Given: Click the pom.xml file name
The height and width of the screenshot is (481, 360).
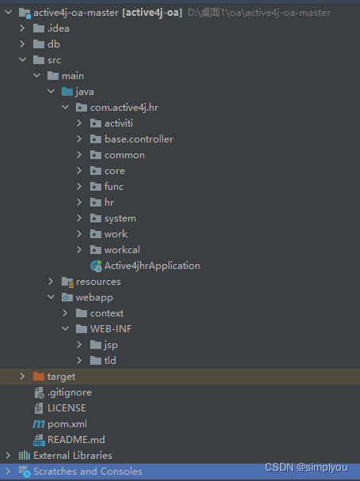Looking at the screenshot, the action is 67,424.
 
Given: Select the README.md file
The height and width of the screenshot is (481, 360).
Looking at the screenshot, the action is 76,440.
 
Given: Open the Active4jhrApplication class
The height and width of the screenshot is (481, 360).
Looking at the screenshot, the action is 152,266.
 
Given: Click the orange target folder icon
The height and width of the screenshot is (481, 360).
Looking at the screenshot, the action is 39,376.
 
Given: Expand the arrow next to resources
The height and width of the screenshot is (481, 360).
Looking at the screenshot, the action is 51,282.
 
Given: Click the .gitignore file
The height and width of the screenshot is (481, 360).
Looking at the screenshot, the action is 70,392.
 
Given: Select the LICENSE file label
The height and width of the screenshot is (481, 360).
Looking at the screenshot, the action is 66,408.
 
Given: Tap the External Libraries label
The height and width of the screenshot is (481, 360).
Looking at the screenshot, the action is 73,456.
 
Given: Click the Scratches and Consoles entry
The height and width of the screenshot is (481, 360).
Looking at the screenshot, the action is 88,472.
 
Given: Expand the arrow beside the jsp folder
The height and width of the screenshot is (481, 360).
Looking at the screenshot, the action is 79,344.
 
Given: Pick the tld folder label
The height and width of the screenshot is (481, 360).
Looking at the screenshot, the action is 110,361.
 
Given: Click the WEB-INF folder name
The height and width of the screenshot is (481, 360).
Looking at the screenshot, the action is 111,329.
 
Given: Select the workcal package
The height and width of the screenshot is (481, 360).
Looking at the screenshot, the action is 122,250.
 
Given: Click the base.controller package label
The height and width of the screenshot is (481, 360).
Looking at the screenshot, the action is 139,139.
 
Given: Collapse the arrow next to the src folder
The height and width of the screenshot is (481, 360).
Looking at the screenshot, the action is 22,60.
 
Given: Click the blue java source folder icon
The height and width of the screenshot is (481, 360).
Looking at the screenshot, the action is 67,92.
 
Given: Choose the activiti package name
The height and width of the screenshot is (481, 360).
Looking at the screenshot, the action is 119,123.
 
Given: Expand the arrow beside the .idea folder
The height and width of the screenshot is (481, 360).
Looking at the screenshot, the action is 22,28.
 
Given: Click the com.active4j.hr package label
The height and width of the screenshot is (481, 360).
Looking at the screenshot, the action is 124,108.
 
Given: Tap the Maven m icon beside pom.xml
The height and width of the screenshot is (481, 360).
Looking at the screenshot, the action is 39,424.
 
